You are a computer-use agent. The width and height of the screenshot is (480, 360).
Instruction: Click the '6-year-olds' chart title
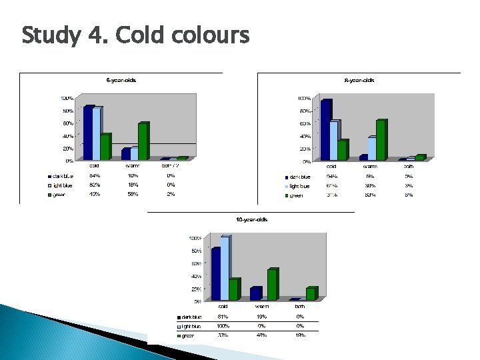[x=121, y=80]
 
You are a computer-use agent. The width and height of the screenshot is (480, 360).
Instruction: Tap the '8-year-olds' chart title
[x=359, y=80]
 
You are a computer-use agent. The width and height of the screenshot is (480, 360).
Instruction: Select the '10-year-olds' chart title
[x=251, y=219]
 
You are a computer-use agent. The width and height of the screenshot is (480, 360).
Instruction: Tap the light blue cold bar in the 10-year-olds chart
[x=225, y=268]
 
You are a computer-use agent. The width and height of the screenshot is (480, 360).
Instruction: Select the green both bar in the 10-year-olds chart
[x=311, y=293]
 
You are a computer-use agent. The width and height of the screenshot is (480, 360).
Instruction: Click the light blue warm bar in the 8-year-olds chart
[x=371, y=148]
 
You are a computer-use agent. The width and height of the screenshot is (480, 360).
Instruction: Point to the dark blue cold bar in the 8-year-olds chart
[x=325, y=130]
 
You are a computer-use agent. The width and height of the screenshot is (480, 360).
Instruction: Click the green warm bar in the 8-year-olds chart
[x=381, y=140]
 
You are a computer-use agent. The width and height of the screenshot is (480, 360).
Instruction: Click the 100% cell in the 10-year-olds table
[x=223, y=326]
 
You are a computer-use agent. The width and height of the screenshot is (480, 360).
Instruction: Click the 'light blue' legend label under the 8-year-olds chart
[x=299, y=186]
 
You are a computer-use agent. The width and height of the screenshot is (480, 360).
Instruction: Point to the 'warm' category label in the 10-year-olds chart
[x=261, y=306]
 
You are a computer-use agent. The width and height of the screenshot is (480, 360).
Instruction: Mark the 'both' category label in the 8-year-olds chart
[x=408, y=166]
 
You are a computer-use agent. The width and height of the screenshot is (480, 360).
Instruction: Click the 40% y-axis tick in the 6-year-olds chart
[x=69, y=136]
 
